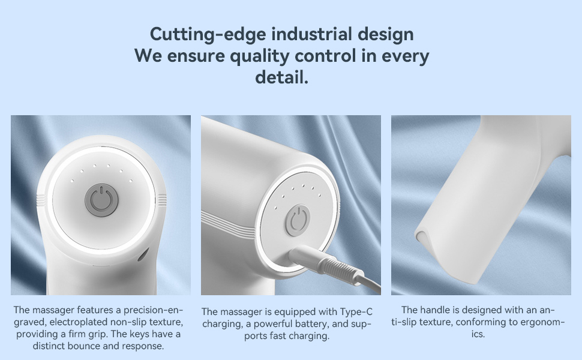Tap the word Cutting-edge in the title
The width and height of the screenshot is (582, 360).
[208, 35]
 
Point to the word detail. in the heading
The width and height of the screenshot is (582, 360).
[282, 77]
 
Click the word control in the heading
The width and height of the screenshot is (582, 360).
[325, 56]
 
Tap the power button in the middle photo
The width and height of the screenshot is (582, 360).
[298, 220]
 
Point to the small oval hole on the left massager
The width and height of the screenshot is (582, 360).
[143, 254]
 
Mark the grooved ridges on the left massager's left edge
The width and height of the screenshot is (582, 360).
[41, 200]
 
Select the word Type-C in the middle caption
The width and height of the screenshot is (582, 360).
[356, 312]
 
